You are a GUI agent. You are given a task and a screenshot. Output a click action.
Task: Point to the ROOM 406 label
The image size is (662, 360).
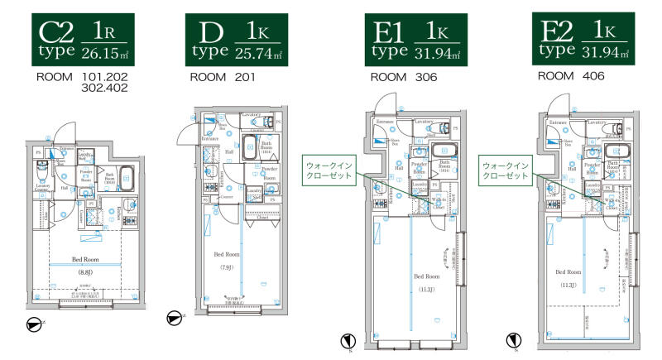571,76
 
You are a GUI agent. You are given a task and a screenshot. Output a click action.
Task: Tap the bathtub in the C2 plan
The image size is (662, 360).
126,176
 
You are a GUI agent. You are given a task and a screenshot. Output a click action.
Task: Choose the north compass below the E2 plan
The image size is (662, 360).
516,339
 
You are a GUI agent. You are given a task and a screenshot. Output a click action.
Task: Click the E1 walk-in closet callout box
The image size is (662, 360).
330,170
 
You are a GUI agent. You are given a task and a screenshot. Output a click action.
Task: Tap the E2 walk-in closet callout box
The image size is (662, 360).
506,170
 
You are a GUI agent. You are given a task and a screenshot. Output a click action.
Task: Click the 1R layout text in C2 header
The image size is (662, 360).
103,32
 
